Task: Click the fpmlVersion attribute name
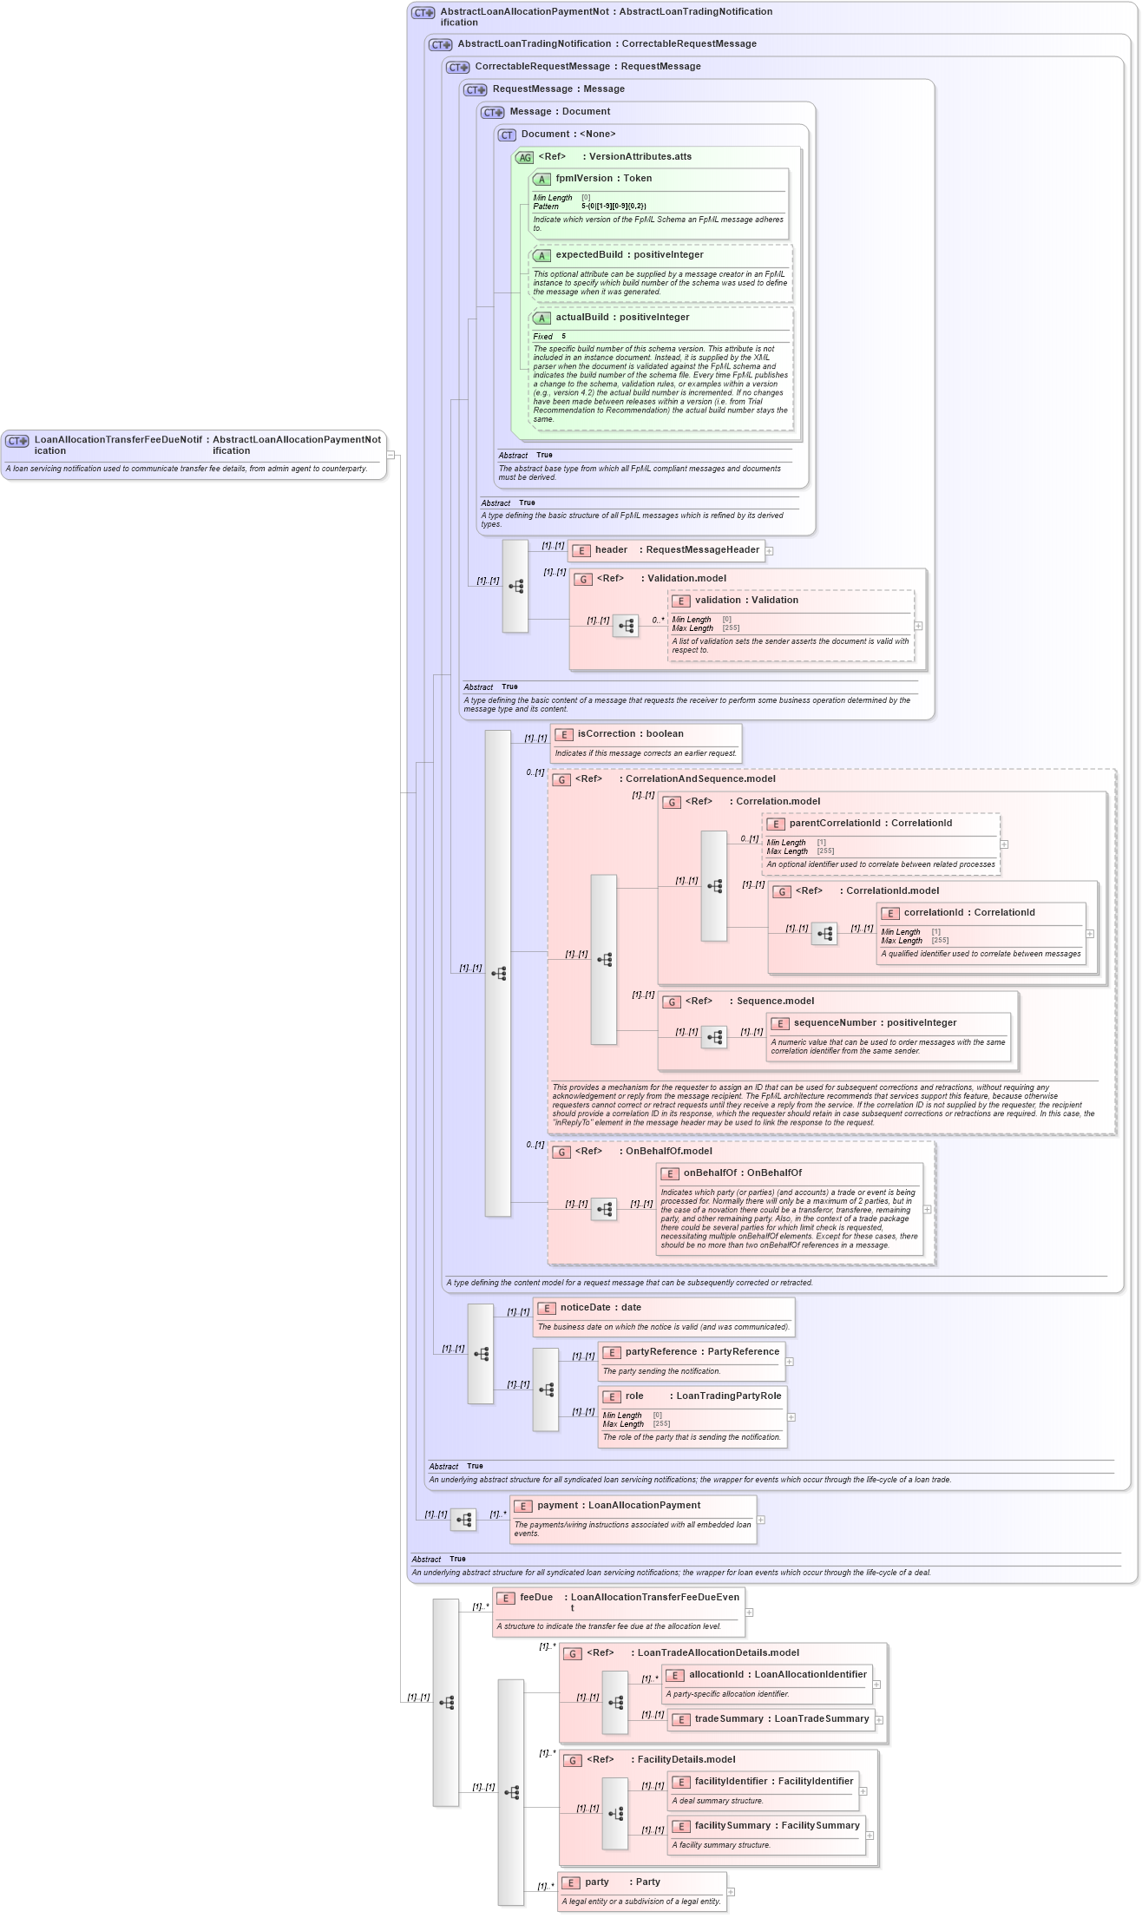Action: click(583, 179)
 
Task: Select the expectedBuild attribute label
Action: click(588, 255)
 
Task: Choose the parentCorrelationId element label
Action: click(834, 824)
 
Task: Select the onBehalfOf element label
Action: click(709, 1173)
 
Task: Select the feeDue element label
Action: click(535, 1598)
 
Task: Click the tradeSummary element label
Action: click(730, 1719)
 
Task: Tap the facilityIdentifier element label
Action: click(731, 1782)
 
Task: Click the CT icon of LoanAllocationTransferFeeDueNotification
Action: click(17, 441)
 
